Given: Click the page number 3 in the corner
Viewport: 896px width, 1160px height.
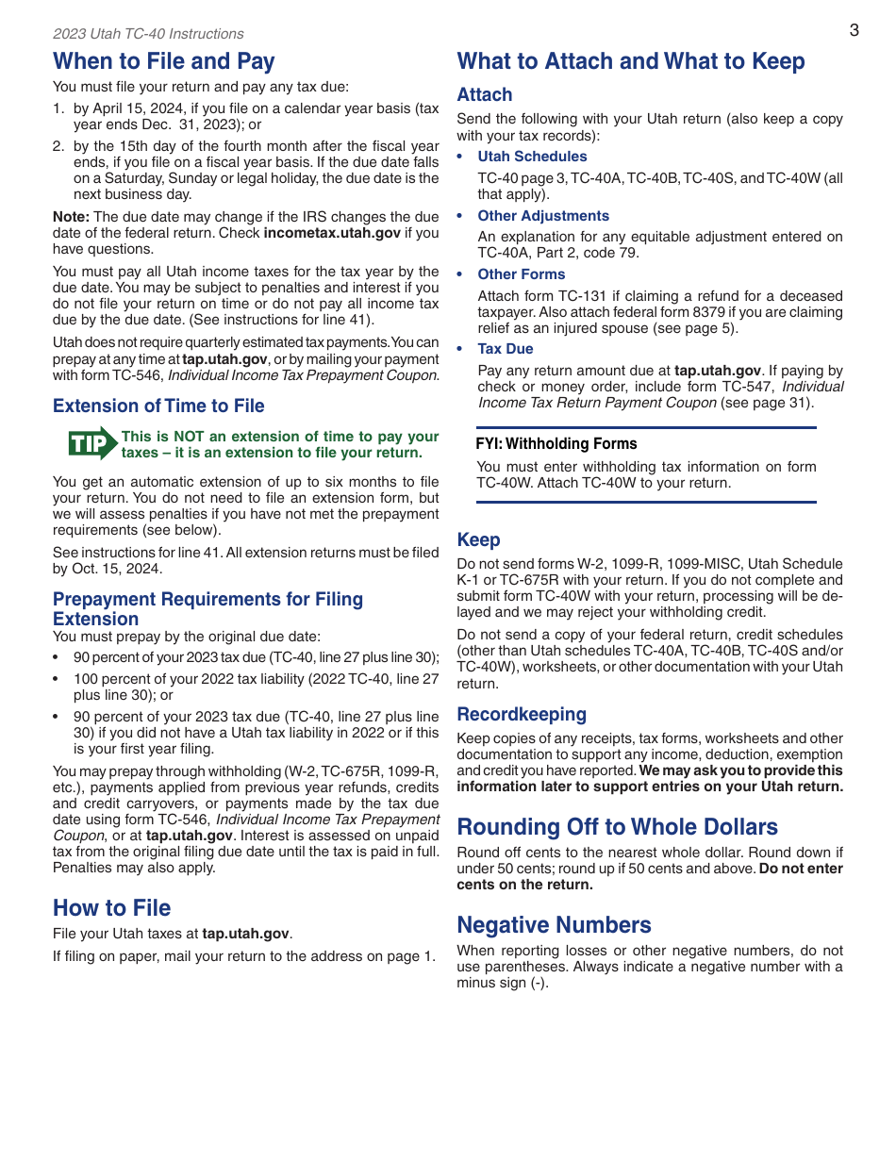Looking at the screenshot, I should tap(854, 30).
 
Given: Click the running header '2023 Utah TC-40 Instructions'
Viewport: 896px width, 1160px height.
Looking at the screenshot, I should tap(148, 34).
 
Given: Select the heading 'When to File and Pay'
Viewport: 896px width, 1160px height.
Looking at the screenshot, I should tap(164, 61).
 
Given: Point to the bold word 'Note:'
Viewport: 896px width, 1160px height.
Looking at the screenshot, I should tap(72, 217).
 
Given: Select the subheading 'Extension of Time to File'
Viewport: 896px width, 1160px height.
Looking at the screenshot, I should tap(158, 406).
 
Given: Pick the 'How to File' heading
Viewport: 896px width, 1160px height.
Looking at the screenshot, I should tap(112, 908).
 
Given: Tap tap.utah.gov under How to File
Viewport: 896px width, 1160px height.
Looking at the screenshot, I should tap(245, 934).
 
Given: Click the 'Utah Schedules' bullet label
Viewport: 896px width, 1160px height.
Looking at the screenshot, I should tap(532, 157).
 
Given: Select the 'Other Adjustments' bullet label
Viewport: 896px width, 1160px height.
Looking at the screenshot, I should tap(543, 216).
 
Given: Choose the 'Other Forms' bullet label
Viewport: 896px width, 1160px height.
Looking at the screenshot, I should tap(522, 274).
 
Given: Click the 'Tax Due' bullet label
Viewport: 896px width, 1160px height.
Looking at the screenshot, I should tap(506, 349).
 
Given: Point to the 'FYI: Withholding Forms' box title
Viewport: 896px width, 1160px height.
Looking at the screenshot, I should tap(556, 444).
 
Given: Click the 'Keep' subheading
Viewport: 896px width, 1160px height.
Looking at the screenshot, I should tap(478, 540).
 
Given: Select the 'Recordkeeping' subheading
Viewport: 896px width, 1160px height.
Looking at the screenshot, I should tap(522, 715).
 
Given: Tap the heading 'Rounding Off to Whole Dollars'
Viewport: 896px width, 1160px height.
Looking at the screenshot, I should tap(618, 827).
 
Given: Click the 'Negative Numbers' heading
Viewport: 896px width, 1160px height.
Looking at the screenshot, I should tap(554, 925).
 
